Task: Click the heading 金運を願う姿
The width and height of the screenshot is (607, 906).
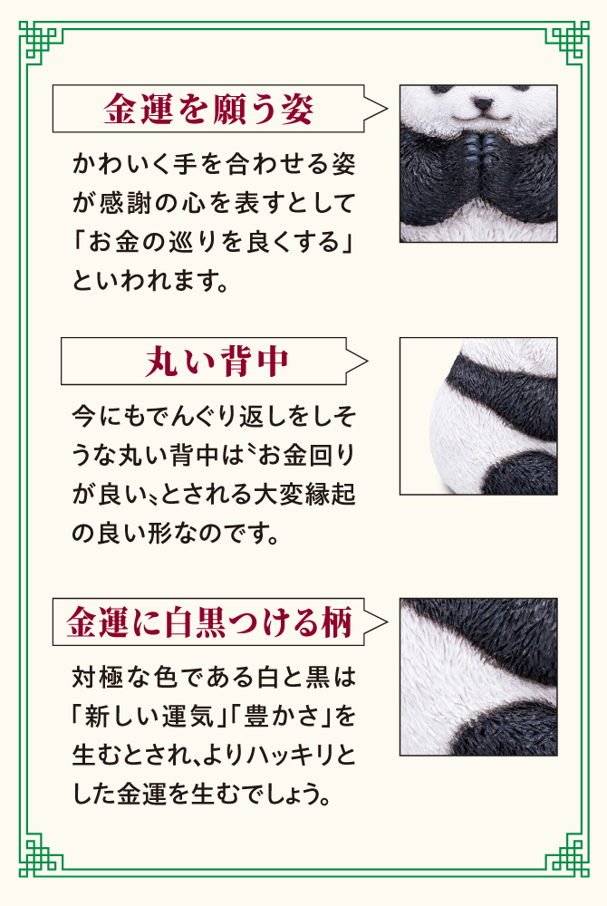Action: click(x=209, y=111)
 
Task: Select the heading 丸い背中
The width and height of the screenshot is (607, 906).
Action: click(x=217, y=361)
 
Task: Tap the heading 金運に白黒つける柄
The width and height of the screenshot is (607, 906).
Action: click(x=208, y=622)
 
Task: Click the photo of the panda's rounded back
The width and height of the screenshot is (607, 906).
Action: click(x=478, y=417)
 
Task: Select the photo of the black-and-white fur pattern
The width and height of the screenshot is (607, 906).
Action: click(x=478, y=677)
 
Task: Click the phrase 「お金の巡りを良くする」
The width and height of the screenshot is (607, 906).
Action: click(x=214, y=244)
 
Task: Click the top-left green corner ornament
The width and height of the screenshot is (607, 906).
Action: click(x=41, y=40)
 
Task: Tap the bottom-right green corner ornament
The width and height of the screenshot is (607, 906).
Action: click(x=566, y=865)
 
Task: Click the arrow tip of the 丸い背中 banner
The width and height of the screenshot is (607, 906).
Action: click(x=366, y=361)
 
